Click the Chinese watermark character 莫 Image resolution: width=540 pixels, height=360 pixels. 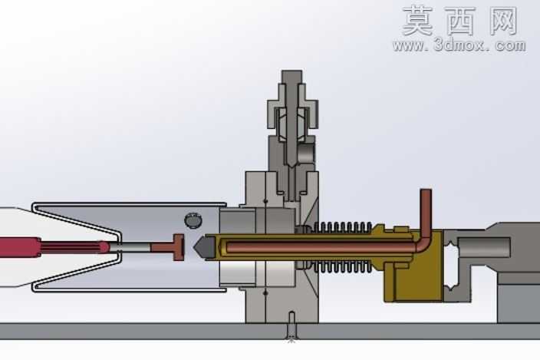(x=417, y=21)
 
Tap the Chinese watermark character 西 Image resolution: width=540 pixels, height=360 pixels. (x=461, y=21)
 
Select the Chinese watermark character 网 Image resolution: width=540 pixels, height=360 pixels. (x=503, y=21)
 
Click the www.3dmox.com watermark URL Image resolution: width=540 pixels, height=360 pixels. (x=459, y=45)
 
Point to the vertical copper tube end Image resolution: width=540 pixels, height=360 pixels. (x=426, y=192)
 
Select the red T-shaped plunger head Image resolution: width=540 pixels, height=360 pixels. (x=174, y=247)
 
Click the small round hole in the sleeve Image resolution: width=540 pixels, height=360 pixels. (x=193, y=220)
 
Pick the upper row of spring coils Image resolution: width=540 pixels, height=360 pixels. (x=343, y=227)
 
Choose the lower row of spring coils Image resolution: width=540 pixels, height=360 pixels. (x=343, y=267)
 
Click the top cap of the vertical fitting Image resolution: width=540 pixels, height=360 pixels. (x=291, y=76)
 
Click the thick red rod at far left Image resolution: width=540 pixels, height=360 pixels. (x=20, y=246)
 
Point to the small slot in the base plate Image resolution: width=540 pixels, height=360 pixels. (x=291, y=326)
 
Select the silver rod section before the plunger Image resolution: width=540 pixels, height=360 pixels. (x=130, y=247)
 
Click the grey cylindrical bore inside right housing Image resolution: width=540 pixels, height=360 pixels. (x=484, y=247)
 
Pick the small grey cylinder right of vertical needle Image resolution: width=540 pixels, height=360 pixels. (x=306, y=154)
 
